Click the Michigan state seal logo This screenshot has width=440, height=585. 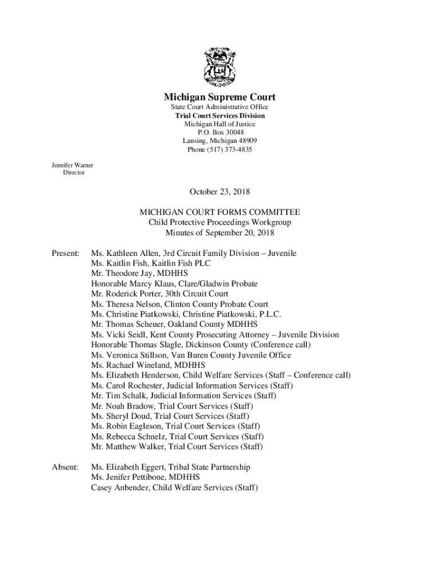pos(220,66)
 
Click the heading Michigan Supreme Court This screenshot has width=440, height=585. pos(220,97)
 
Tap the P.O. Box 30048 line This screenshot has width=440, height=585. pos(220,133)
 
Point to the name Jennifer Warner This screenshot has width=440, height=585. pos(73,166)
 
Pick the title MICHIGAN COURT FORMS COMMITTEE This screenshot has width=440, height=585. pos(220,212)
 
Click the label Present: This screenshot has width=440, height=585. pos(66,253)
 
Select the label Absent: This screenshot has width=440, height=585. pos(65,467)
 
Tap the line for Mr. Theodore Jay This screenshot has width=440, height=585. pos(139,273)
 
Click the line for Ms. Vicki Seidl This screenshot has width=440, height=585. pos(215,335)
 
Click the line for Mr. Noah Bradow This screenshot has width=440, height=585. pos(172,406)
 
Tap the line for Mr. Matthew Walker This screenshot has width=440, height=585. pos(177,447)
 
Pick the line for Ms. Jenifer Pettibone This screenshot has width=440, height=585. pos(145,478)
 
